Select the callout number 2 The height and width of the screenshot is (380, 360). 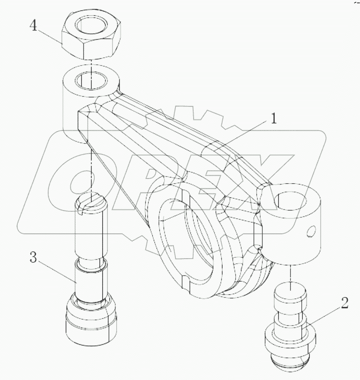(345, 303)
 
